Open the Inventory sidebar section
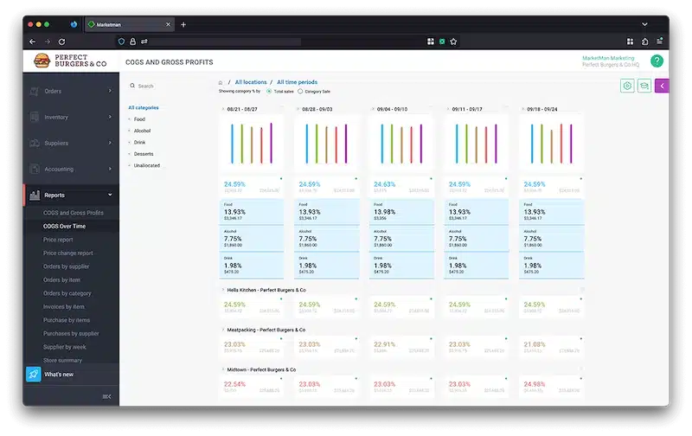pos(57,117)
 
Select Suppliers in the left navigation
pos(57,143)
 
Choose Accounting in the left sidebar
pos(59,169)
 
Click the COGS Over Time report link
pos(64,226)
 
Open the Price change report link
pos(67,253)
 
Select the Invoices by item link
pos(63,306)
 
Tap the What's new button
pos(58,374)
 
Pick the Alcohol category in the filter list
pos(144,130)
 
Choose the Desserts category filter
pos(144,153)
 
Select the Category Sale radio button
pos(300,91)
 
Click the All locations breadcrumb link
pos(251,82)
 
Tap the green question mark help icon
pos(657,61)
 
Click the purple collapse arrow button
pos(662,86)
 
